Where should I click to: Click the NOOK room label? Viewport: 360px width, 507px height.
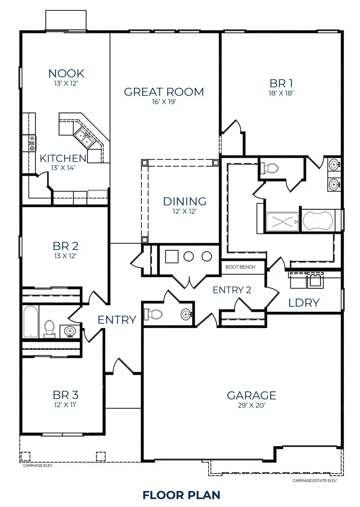coord(66,73)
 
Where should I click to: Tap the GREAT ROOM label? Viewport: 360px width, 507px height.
coord(164,92)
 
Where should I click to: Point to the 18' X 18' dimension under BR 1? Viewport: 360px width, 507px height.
coord(281,93)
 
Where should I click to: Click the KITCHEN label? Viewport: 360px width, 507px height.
coord(63,159)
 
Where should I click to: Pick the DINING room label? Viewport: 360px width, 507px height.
coord(185,201)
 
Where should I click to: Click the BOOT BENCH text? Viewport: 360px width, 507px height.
coord(240,267)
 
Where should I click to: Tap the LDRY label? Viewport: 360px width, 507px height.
coord(304,303)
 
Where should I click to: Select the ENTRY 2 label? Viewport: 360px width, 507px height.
coord(232,290)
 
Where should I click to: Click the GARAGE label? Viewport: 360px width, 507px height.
coord(251,396)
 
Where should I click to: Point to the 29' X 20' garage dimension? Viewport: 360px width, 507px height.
coord(251,405)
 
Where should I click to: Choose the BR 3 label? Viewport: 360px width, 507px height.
coord(66,395)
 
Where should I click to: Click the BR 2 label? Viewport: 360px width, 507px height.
coord(66,246)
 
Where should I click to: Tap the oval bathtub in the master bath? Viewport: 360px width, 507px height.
coord(318,220)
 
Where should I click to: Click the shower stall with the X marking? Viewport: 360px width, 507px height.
coord(282,222)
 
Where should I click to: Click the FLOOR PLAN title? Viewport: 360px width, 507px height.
coord(181,495)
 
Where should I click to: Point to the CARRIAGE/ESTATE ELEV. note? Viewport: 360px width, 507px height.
coord(315,481)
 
